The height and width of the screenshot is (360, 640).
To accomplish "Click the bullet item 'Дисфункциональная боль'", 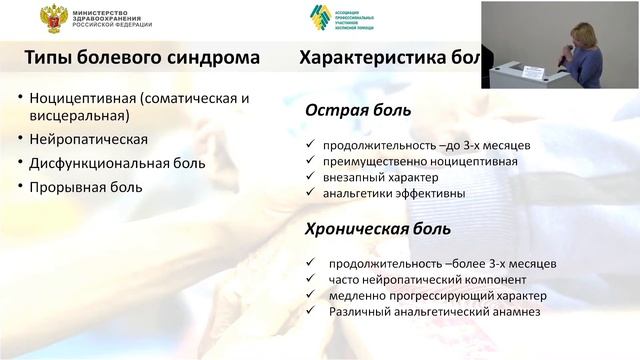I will tap(117, 163).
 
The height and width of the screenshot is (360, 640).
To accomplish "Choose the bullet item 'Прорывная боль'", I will tap(85, 186).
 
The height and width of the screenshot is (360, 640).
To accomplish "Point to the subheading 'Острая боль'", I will tap(344, 113).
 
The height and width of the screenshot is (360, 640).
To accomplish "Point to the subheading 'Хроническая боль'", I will tap(377, 229).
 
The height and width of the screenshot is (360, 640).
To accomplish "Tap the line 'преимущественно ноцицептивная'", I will tap(405, 161).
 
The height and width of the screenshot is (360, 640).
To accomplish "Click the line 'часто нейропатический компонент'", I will tap(413, 280).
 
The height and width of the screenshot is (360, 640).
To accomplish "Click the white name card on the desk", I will tap(534, 72).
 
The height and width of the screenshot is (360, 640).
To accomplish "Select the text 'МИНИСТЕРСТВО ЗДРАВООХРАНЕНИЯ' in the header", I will tap(110, 11).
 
